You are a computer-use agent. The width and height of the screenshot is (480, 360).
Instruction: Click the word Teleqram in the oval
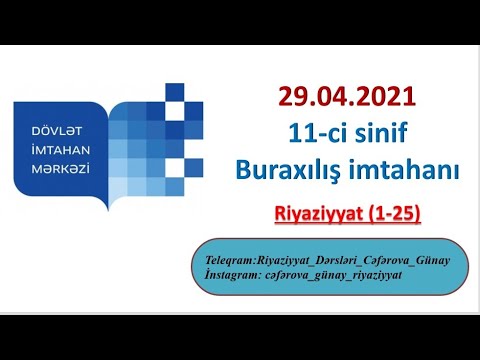click(x=228, y=260)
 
